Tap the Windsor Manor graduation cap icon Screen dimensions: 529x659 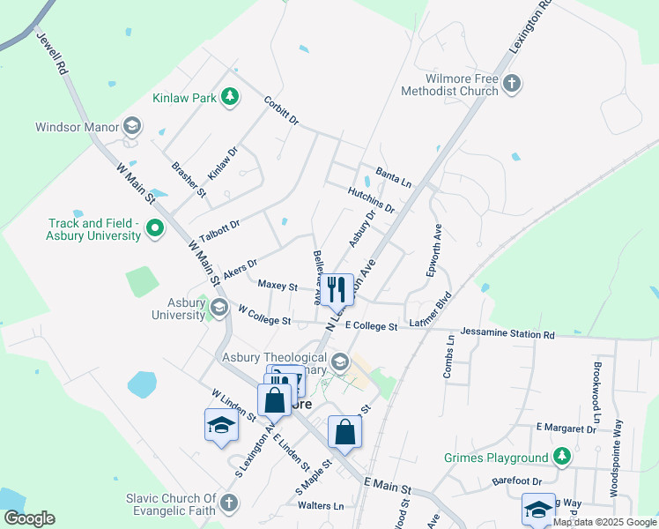[x=132, y=126]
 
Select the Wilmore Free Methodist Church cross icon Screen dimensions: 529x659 [x=512, y=85]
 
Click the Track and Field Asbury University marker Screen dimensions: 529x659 [x=155, y=229]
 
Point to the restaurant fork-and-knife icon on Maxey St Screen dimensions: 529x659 [x=336, y=288]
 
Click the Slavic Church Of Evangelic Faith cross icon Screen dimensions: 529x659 [x=228, y=503]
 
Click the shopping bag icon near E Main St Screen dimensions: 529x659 [x=344, y=432]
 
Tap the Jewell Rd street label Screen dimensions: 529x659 [x=51, y=54]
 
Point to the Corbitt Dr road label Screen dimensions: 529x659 [x=282, y=110]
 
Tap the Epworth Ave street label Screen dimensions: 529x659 [x=436, y=250]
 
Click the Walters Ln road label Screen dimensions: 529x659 [x=320, y=505]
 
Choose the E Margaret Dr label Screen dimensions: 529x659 [x=566, y=428]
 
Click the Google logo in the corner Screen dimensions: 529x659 [x=29, y=518]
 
